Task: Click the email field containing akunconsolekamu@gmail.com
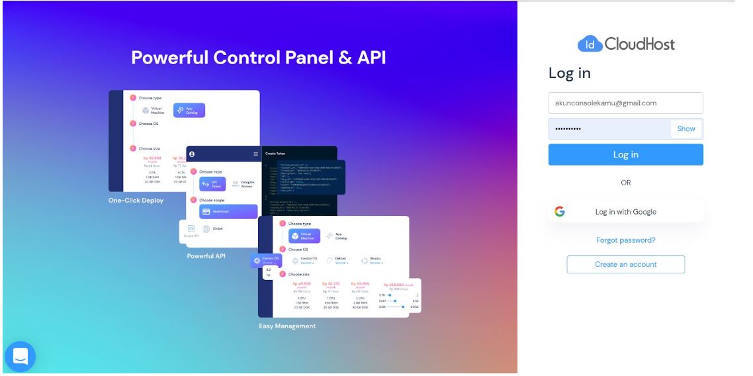coord(625,103)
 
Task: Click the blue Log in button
coord(625,155)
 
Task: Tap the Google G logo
coord(560,212)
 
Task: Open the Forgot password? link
coord(625,240)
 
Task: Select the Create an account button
coord(625,264)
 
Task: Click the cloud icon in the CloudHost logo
coord(589,44)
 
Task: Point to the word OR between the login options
coord(625,183)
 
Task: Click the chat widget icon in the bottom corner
coord(20,357)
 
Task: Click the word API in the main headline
coord(371,58)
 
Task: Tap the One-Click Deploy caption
coord(136,201)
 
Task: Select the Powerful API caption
coord(206,256)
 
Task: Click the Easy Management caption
coord(287,326)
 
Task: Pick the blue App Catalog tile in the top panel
coord(189,111)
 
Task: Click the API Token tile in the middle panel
coord(213,185)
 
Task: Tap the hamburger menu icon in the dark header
coord(256,154)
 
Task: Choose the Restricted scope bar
coord(228,212)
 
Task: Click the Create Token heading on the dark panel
coord(275,154)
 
